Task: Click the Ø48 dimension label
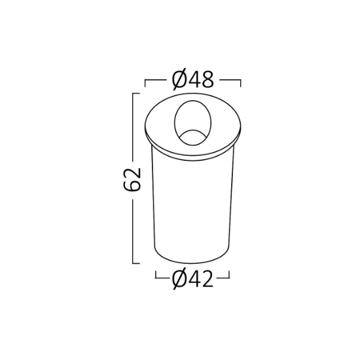[x=192, y=80]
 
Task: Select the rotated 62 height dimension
[x=132, y=179]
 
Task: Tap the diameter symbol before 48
[x=179, y=80]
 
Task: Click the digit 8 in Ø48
[x=207, y=80]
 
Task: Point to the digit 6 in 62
[x=132, y=185]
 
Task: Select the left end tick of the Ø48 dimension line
[x=145, y=83]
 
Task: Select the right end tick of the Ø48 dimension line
[x=240, y=83]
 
